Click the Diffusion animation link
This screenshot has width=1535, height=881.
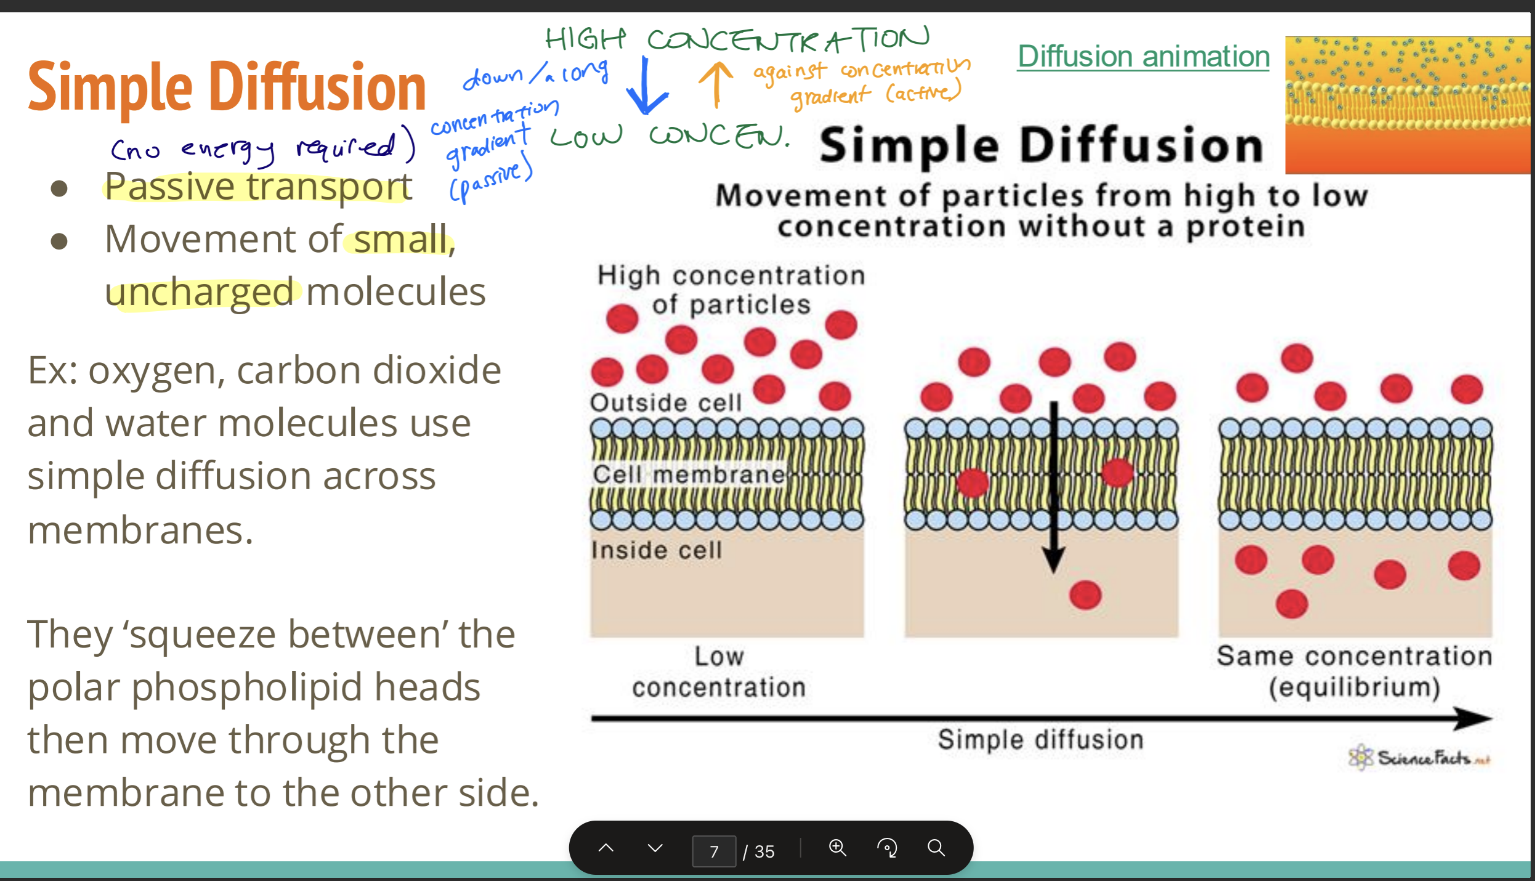click(x=1143, y=57)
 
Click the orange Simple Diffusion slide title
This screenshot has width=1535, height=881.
click(x=227, y=87)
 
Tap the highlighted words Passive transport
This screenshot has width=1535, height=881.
click(x=257, y=187)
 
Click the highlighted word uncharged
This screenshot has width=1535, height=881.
click(x=199, y=292)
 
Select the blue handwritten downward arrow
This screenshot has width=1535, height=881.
click(x=646, y=86)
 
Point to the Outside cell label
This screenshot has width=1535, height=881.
click(x=665, y=403)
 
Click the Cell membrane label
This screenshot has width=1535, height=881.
click(x=689, y=474)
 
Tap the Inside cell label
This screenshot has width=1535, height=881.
click(x=657, y=550)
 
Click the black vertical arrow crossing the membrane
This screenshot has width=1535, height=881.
click(x=1054, y=487)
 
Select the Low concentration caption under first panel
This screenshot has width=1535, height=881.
click(x=719, y=672)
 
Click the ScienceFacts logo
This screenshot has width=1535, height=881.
click(x=1419, y=757)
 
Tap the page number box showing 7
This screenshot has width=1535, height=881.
click(x=714, y=851)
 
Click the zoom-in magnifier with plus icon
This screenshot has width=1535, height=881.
click(x=837, y=848)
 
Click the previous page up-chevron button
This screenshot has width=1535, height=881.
click(x=606, y=848)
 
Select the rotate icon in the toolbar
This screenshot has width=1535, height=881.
click(x=887, y=848)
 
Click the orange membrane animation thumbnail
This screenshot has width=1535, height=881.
click(x=1407, y=105)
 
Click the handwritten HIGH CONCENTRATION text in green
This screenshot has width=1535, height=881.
click(x=736, y=40)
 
